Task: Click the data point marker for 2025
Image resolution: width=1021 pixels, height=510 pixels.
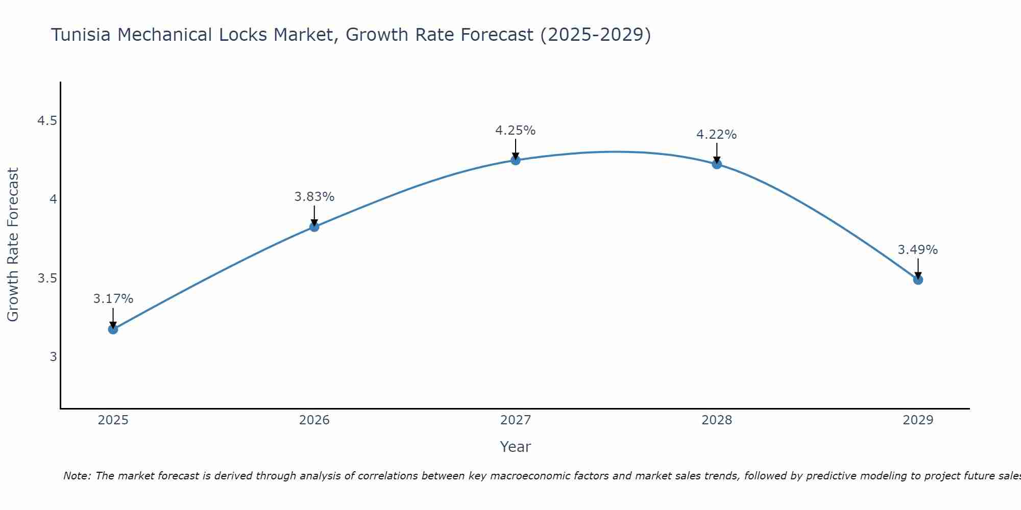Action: point(113,329)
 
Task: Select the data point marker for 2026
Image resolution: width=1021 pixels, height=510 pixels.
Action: point(314,226)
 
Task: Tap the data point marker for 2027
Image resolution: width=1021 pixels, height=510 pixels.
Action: point(516,160)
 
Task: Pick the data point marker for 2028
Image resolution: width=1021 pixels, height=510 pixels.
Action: point(717,164)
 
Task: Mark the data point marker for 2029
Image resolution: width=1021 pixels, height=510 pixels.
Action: point(918,279)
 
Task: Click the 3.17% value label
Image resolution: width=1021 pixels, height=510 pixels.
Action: point(113,299)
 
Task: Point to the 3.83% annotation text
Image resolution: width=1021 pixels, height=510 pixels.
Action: point(314,197)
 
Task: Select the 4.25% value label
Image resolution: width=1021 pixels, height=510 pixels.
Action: point(516,131)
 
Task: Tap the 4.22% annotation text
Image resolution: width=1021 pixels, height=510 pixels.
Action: point(717,135)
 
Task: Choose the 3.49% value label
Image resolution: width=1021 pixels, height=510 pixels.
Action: point(918,250)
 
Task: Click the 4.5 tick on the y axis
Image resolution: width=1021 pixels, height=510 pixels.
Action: point(47,121)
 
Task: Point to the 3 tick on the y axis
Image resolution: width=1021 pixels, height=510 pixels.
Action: point(53,356)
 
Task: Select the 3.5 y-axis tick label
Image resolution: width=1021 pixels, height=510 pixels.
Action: point(47,278)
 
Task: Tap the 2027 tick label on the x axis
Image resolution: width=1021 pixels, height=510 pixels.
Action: point(516,420)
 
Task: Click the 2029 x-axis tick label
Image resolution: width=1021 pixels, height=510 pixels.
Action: point(918,420)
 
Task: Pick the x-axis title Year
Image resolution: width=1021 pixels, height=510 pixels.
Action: point(516,447)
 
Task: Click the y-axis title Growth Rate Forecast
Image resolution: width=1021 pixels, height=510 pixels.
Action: point(13,244)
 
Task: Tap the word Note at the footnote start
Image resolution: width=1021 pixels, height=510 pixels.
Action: point(77,476)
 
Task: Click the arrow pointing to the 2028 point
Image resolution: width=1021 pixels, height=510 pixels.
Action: point(717,153)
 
